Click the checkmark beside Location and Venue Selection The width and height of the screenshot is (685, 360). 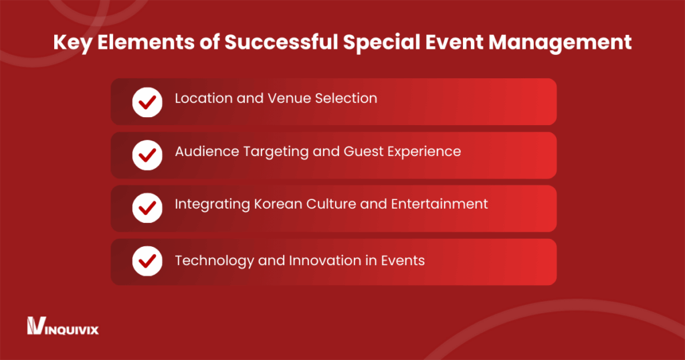(147, 102)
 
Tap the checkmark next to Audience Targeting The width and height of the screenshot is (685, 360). (147, 155)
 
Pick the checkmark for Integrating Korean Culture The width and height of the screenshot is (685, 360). (147, 208)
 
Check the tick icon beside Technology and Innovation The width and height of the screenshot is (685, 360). (147, 262)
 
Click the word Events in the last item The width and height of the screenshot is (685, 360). (403, 260)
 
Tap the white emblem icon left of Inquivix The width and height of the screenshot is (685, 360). (35, 326)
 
